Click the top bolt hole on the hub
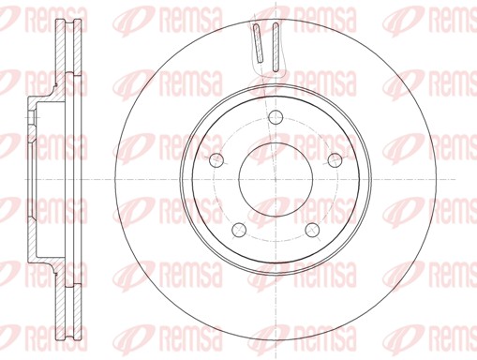point(275,117)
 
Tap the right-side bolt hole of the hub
point(334,159)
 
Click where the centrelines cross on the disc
point(275,178)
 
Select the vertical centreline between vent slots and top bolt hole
point(275,89)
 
